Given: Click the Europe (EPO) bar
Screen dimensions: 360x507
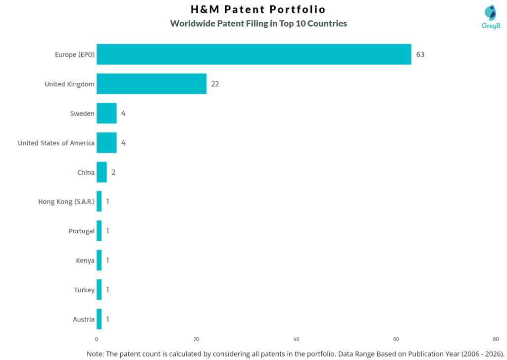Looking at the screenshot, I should tap(253, 54).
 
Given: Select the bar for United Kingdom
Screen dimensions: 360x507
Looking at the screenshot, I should tap(151, 84).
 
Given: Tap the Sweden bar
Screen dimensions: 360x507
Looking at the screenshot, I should tap(106, 113).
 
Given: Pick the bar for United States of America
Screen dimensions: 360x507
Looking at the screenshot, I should tap(106, 143).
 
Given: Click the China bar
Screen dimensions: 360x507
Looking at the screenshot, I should tap(101, 172).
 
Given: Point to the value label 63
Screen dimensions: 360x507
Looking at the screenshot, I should tap(420, 54).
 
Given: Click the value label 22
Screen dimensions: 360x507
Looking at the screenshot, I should tap(215, 84).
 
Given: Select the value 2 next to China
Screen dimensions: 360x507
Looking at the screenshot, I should tap(113, 172).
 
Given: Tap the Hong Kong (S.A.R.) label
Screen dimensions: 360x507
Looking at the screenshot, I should tap(66, 202).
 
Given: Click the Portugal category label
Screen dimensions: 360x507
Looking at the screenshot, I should tap(82, 231).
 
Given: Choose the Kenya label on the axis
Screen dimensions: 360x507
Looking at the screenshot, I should tap(85, 260).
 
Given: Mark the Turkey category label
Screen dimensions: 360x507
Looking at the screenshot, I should tap(84, 290).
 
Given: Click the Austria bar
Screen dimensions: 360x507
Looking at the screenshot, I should tap(99, 319).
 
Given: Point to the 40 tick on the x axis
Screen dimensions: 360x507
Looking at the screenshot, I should tap(296, 339).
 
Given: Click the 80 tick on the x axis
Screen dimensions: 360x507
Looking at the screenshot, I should tap(496, 339).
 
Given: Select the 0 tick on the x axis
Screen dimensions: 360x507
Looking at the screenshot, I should tap(97, 339).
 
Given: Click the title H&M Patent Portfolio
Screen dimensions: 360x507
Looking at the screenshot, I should tap(258, 9).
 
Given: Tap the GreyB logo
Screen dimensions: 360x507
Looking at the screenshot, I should tap(490, 16).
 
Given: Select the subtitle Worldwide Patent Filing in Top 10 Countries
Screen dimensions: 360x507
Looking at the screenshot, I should tap(258, 23).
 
